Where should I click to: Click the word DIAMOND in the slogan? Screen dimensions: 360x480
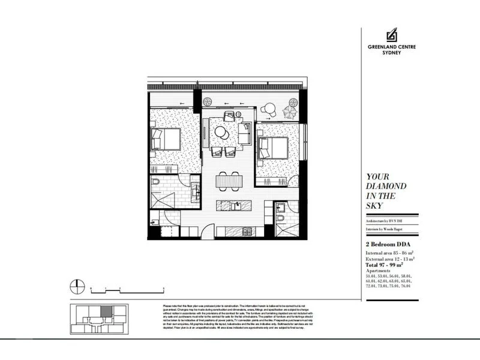coord(386,186)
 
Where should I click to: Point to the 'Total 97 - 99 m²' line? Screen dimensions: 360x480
coord(388,265)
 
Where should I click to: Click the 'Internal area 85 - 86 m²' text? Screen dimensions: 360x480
coord(391,253)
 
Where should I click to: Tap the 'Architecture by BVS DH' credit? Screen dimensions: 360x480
coord(386,221)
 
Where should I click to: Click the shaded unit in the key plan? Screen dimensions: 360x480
coord(105,311)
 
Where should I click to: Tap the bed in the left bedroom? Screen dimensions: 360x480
coord(166,139)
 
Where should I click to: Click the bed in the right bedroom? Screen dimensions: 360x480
coord(273,147)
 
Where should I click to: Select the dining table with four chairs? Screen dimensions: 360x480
coord(230,179)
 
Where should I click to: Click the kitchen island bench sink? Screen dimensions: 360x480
coord(238,205)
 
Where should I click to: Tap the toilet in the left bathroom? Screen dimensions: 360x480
coord(155,181)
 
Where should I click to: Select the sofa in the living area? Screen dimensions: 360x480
coord(245,133)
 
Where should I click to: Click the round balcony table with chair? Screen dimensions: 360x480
coord(269,109)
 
